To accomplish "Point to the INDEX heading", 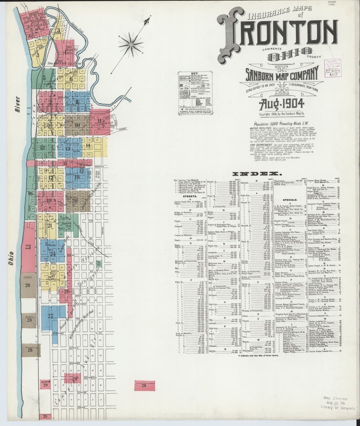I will (x=256, y=174).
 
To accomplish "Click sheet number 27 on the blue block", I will (x=51, y=316).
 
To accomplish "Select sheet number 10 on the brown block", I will (x=77, y=125).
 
